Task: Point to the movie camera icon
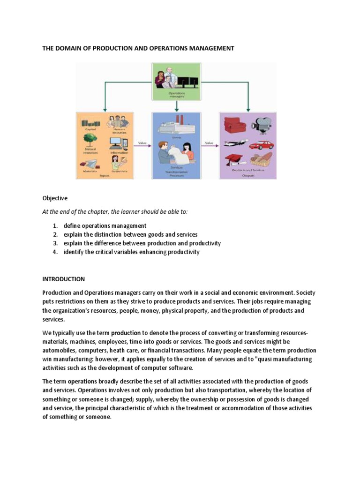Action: click(x=261, y=125)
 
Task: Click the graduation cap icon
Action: click(x=234, y=160)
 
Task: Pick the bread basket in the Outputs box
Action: click(x=261, y=160)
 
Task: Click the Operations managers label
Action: click(x=176, y=94)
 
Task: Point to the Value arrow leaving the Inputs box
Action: click(x=143, y=146)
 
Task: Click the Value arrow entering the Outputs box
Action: click(x=209, y=146)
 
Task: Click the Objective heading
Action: click(x=55, y=198)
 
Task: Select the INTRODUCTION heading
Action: click(x=63, y=279)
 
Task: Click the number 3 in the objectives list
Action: click(x=54, y=243)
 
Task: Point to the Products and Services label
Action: click(x=248, y=170)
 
